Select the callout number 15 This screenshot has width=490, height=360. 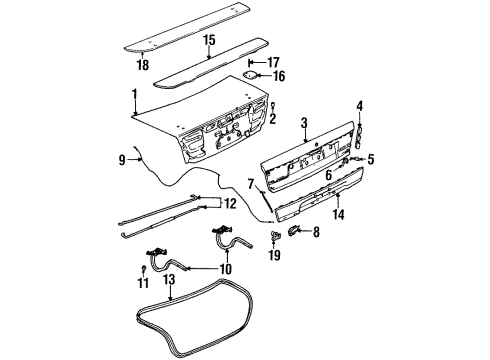[208, 41]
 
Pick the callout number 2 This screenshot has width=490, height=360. [272, 121]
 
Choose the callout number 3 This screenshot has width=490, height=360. [303, 122]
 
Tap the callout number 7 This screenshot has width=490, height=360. [251, 184]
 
